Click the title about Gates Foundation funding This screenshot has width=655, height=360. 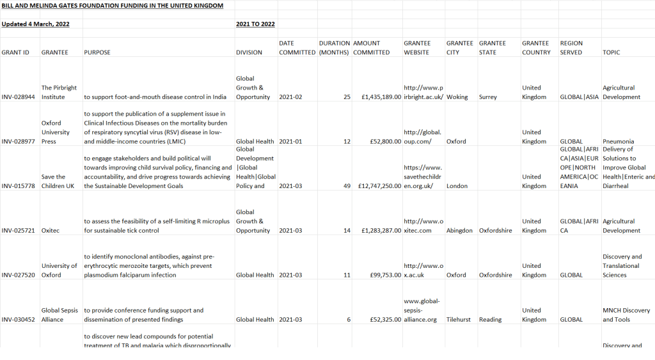113,6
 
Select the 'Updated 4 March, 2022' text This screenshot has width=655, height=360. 36,24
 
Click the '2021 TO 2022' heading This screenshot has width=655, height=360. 255,24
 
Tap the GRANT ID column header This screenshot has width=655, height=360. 15,52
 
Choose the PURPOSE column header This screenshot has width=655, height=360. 97,52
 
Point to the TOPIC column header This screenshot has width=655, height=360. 611,52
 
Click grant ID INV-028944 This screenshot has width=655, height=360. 20,97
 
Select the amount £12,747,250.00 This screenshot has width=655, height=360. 377,186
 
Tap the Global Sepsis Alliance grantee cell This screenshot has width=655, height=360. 59,315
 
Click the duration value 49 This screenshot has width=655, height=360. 346,186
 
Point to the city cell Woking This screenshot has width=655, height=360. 457,97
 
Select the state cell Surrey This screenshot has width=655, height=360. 487,97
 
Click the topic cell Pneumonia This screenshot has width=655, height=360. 618,141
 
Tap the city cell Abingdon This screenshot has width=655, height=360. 459,230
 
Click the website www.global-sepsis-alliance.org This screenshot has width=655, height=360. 420,310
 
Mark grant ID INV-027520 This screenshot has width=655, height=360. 20,275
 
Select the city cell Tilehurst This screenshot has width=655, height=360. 459,319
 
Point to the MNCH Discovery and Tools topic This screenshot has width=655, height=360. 625,315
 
